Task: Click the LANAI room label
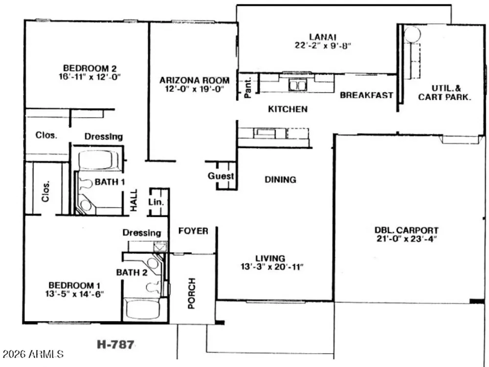coord(323,37)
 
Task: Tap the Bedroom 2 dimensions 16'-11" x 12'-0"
coord(90,77)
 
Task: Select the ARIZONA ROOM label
coord(194,81)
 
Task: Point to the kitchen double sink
coord(298,85)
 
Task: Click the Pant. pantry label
coord(248,88)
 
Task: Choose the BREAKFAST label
coord(366,95)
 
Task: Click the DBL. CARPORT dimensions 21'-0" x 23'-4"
coord(406,239)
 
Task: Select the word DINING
coord(280,180)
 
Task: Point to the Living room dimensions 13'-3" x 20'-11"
coord(272,267)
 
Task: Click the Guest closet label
coord(221,176)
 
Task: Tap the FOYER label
coord(193,231)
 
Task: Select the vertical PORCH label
coord(192,293)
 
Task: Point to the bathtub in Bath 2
coord(142,309)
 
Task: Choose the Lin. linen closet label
coord(156,202)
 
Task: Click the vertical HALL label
coord(133,200)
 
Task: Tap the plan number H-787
coord(116,344)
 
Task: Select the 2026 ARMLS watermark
coord(33,354)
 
